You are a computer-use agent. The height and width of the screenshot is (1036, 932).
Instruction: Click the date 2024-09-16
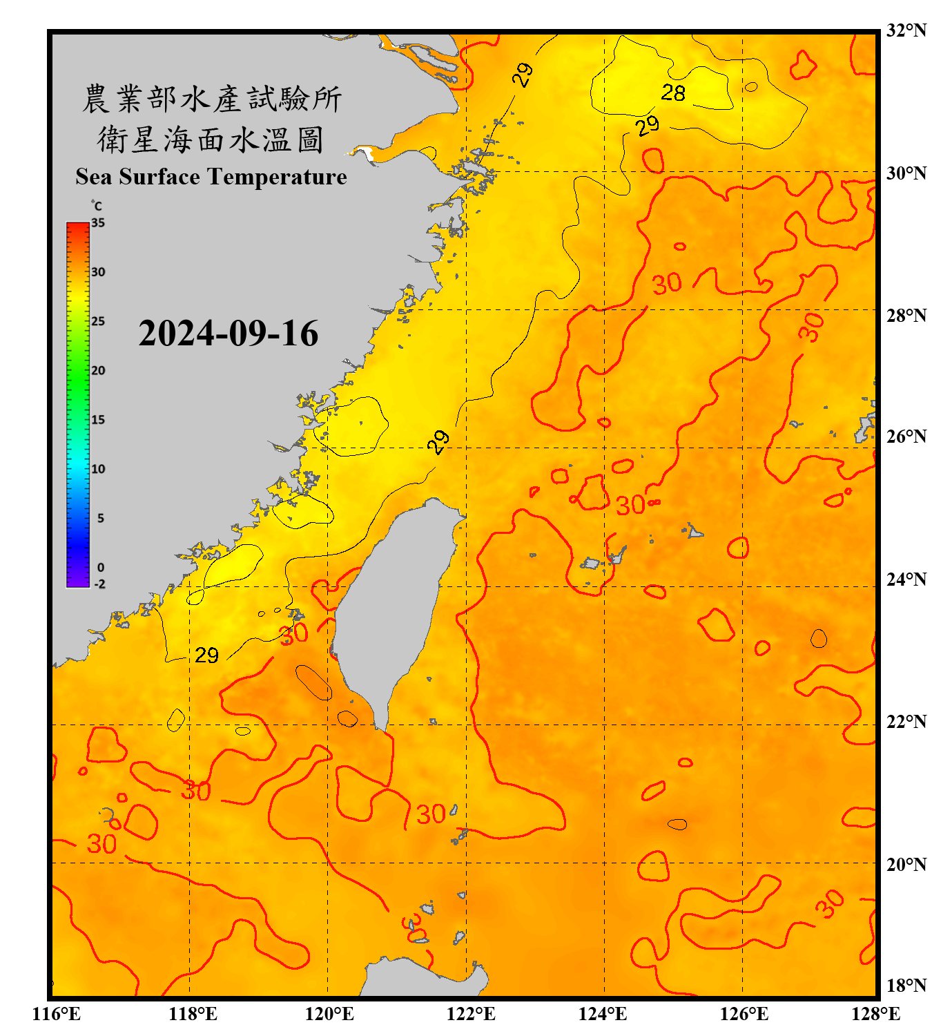228,334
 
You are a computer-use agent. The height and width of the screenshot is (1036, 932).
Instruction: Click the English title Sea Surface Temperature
211,177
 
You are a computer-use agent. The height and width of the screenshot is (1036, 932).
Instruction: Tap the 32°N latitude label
906,30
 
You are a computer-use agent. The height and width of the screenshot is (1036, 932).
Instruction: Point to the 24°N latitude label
906,579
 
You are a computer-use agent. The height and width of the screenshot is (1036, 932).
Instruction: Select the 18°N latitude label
906,985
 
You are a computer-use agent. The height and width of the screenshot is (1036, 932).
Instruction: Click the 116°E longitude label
57,1014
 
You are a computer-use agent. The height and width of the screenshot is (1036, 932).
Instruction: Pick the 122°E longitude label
471,1014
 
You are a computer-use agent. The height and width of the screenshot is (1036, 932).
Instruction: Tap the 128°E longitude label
875,1014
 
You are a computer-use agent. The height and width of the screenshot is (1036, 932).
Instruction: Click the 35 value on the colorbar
98,223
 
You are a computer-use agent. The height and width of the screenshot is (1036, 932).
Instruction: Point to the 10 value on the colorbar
98,469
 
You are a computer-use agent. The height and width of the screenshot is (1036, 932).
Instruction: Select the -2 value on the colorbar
99,584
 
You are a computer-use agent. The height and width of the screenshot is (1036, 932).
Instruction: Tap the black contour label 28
673,93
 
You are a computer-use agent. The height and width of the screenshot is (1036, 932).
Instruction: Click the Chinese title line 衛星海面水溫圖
211,140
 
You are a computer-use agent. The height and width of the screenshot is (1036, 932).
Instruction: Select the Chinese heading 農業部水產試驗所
211,99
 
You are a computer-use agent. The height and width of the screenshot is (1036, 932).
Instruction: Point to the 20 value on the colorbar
98,371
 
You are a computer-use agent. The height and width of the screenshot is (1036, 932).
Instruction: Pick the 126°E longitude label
744,1014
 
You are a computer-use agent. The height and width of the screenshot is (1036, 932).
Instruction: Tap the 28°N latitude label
906,315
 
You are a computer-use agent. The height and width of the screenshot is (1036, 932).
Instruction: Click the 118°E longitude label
193,1014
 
